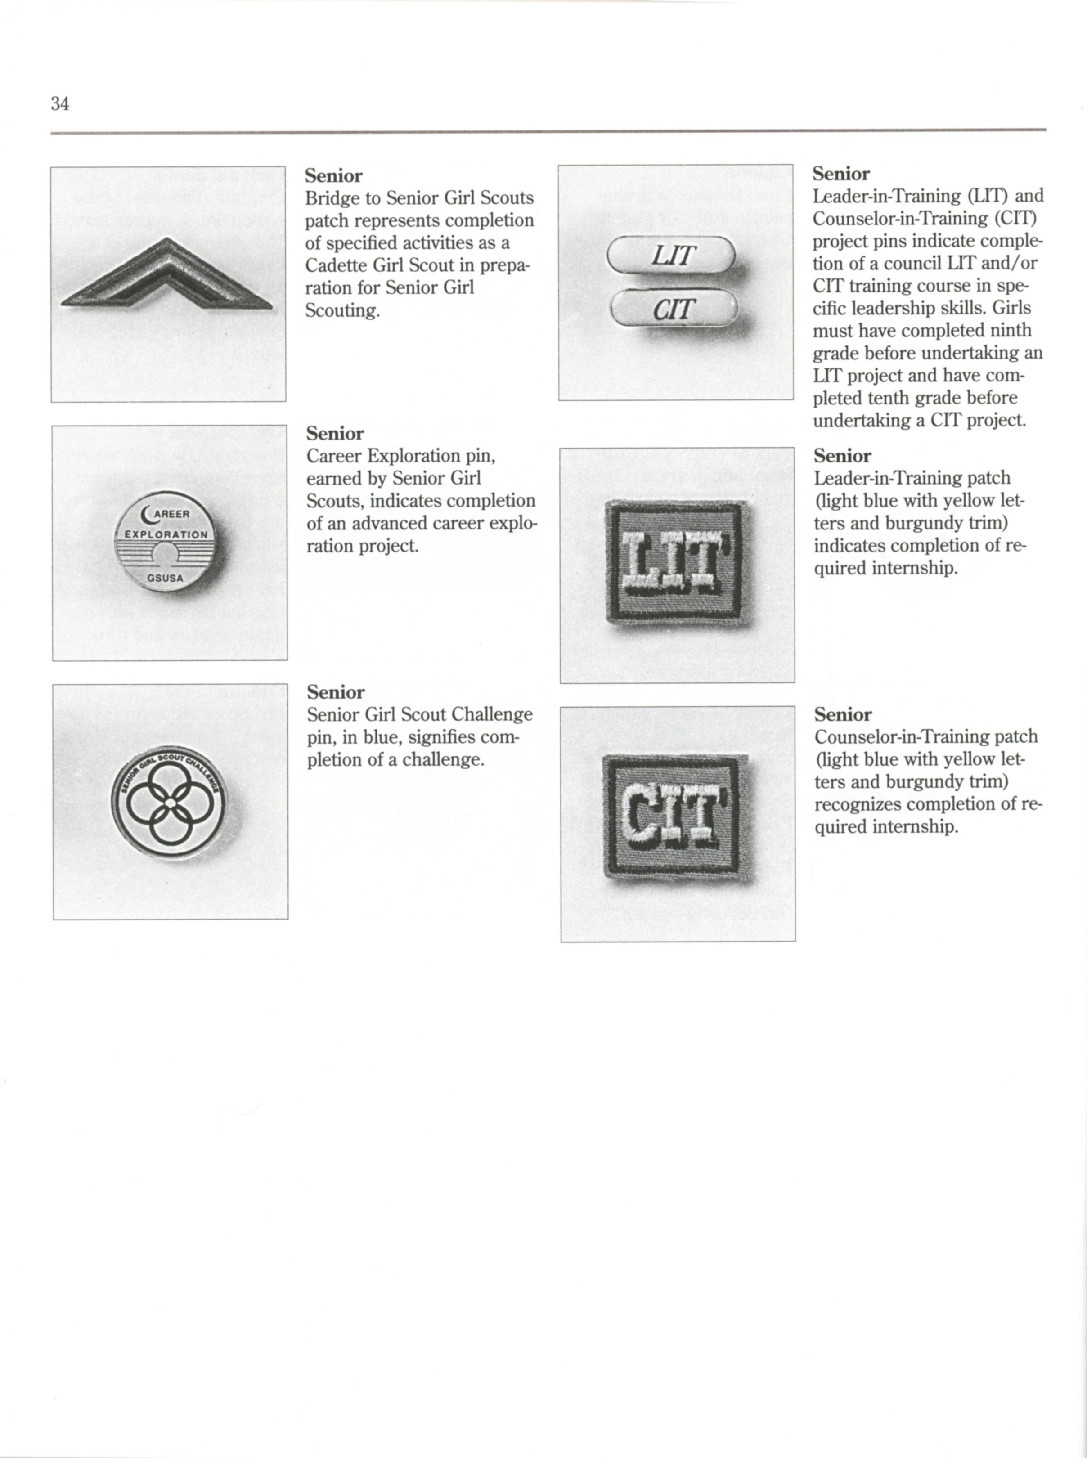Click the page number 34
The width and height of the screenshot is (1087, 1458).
pyautogui.click(x=60, y=103)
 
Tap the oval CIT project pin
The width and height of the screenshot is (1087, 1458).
pyautogui.click(x=674, y=308)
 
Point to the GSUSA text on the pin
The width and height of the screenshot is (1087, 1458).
pyautogui.click(x=165, y=579)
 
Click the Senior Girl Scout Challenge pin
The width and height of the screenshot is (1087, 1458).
pyautogui.click(x=168, y=804)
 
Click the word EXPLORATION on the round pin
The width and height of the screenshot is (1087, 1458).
pyautogui.click(x=166, y=534)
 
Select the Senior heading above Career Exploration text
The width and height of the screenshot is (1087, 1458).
pyautogui.click(x=335, y=434)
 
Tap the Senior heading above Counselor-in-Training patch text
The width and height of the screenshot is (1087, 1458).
pyautogui.click(x=843, y=714)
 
